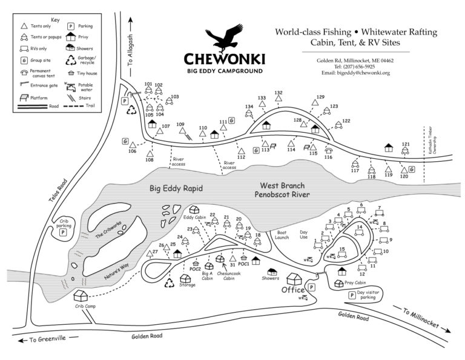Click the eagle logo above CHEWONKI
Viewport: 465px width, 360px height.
tap(224, 39)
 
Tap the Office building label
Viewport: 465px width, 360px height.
tap(292, 290)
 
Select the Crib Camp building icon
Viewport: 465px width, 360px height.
tap(81, 296)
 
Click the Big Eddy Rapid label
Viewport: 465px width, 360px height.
tap(176, 188)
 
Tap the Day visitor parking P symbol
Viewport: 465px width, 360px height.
tap(352, 295)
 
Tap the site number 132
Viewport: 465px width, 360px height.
tap(279, 93)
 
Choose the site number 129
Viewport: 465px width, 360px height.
tap(320, 97)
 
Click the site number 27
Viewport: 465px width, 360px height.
tap(156, 251)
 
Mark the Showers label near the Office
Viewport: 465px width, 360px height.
tap(271, 279)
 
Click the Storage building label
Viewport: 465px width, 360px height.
tap(187, 285)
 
